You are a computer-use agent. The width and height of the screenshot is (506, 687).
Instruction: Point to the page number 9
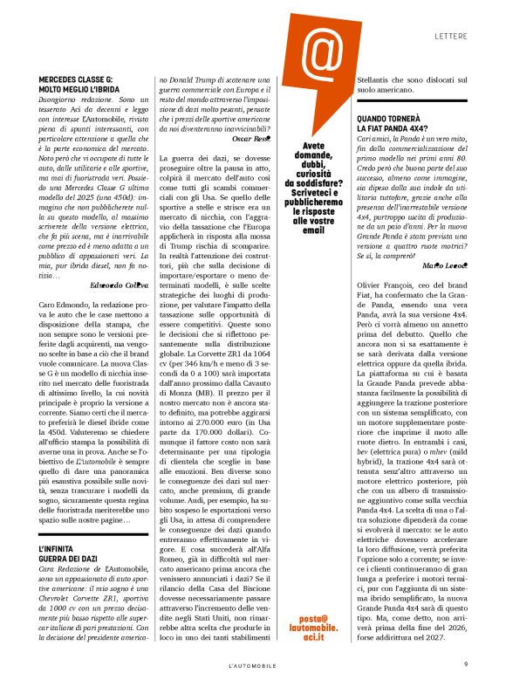466,663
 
